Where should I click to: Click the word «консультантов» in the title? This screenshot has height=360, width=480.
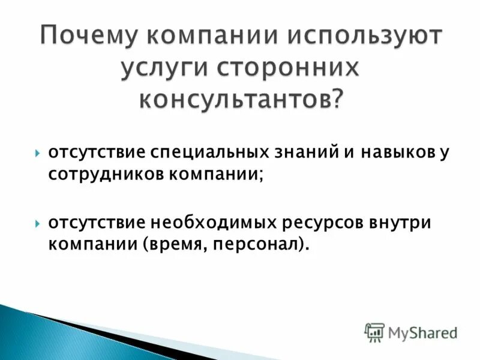(x=235, y=97)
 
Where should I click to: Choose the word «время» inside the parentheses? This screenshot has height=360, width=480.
(x=165, y=244)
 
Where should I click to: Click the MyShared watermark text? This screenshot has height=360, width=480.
(x=422, y=331)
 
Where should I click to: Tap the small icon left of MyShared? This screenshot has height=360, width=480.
(x=374, y=331)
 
